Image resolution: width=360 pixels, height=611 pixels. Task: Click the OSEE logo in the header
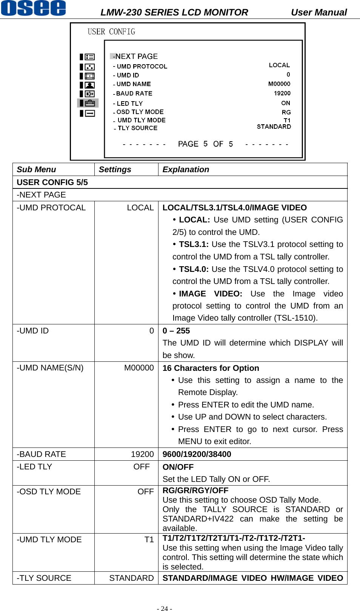(34, 8)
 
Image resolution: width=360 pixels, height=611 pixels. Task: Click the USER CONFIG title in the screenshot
(111, 32)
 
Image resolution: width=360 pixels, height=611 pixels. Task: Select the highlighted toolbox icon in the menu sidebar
(89, 103)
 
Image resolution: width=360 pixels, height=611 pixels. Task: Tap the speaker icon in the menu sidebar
(89, 94)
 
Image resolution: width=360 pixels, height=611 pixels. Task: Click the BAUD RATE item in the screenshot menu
(134, 94)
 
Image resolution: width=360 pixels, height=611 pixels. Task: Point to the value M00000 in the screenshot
(279, 84)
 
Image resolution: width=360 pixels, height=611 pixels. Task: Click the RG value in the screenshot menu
(286, 113)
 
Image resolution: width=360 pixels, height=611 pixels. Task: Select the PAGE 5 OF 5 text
(205, 144)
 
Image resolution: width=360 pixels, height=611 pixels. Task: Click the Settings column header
(115, 170)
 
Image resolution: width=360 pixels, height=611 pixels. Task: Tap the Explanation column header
(186, 170)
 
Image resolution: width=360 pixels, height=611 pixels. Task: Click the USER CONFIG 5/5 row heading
(52, 182)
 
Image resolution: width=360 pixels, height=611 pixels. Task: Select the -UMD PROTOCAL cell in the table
(51, 208)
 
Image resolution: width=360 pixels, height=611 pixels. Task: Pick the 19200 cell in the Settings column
(142, 454)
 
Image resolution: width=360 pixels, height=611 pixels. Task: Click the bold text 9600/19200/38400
(197, 454)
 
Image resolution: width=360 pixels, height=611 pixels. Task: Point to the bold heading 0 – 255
(176, 331)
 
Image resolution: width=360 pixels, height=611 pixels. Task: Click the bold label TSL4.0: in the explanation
(194, 269)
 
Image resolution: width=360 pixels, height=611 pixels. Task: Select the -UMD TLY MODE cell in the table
(49, 540)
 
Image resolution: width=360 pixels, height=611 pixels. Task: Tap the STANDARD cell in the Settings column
(131, 578)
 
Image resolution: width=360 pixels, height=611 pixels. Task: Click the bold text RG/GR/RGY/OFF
(195, 491)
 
